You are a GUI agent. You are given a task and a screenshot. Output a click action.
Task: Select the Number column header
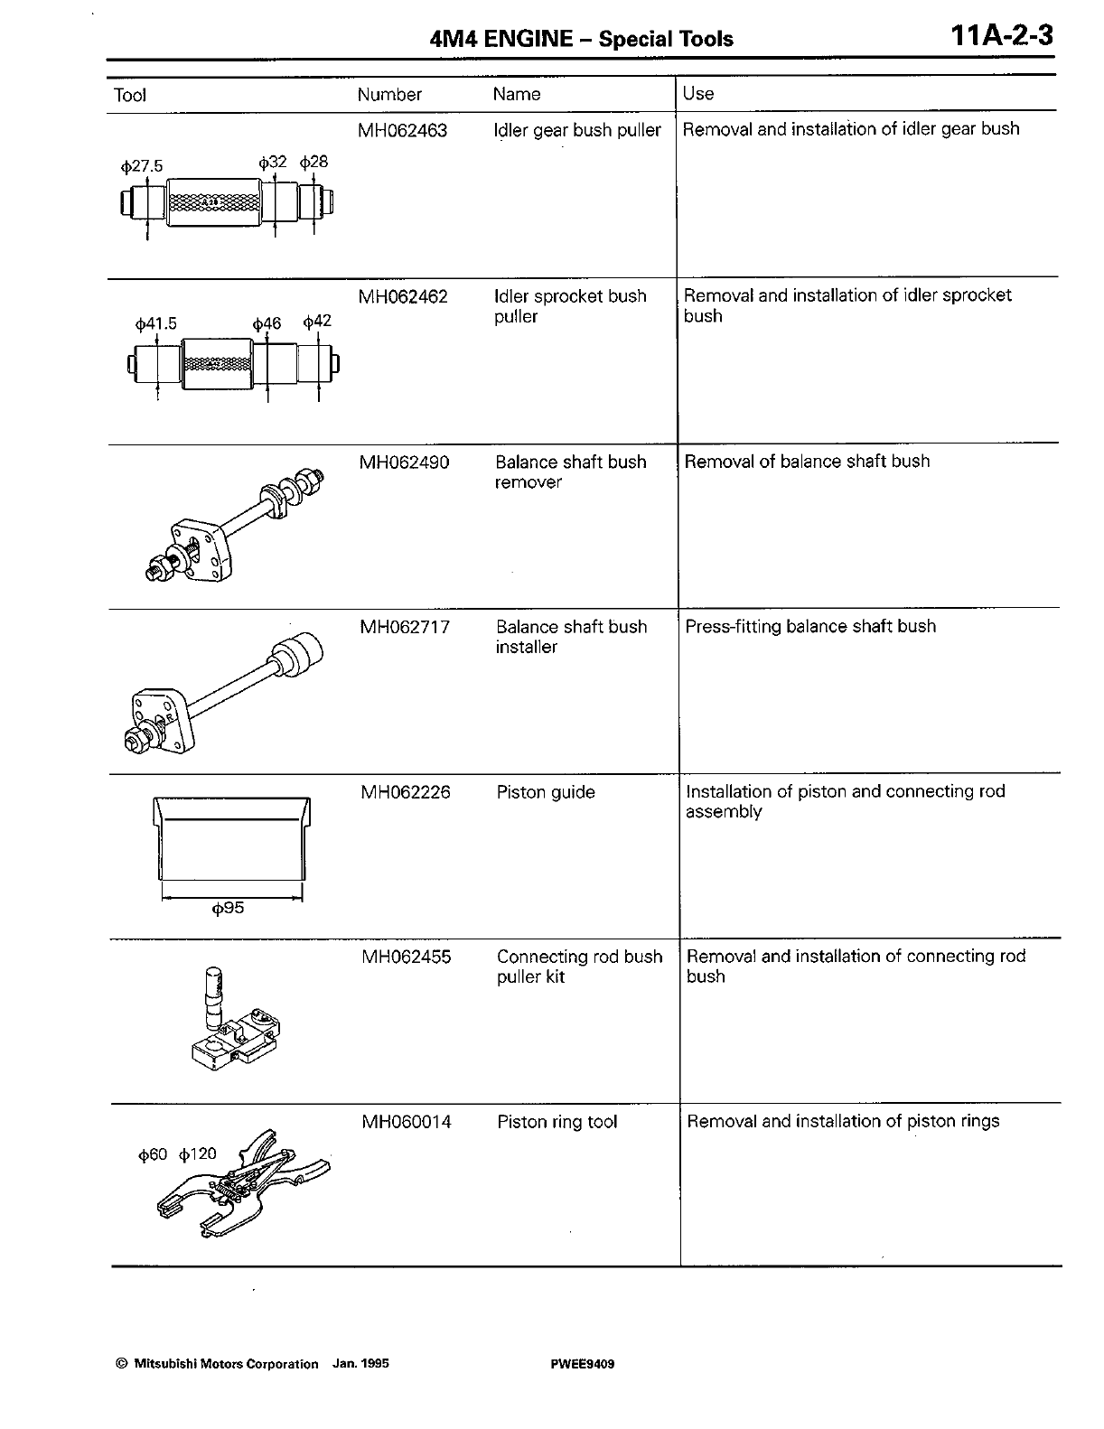389,94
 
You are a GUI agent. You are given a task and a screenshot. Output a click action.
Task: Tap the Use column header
698,93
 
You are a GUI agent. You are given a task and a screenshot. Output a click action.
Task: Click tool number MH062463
402,130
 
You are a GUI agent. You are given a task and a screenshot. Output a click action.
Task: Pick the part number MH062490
404,462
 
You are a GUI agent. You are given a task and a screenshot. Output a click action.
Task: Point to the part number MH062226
406,793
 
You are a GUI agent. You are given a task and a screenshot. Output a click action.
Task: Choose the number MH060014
407,1122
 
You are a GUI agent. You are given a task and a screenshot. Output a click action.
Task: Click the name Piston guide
546,793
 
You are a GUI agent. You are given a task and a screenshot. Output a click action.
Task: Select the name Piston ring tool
557,1122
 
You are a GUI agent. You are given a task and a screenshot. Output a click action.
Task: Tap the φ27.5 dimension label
141,167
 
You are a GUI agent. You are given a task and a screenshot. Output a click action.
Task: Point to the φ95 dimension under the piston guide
228,909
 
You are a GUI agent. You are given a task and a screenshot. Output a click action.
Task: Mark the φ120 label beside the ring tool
198,1154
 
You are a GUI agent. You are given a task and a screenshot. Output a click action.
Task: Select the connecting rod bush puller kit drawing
233,1022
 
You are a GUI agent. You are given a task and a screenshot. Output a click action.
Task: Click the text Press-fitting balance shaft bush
810,627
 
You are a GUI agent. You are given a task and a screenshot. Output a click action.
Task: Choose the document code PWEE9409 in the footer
582,1364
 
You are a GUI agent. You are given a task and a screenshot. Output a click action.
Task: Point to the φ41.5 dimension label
156,324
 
